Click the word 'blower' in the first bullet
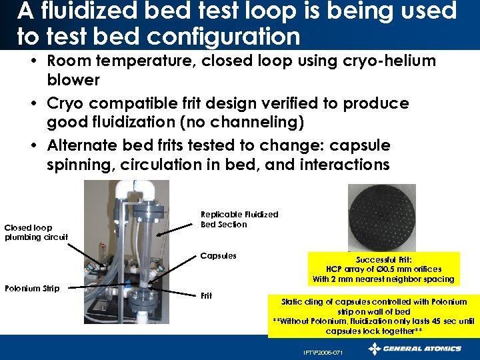tap(73, 80)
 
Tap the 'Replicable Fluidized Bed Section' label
tap(239, 219)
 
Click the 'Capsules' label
tap(218, 256)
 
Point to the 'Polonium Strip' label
tap(32, 288)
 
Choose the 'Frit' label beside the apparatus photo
tap(207, 295)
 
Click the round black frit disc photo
tap(381, 217)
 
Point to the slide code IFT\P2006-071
tap(322, 352)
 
